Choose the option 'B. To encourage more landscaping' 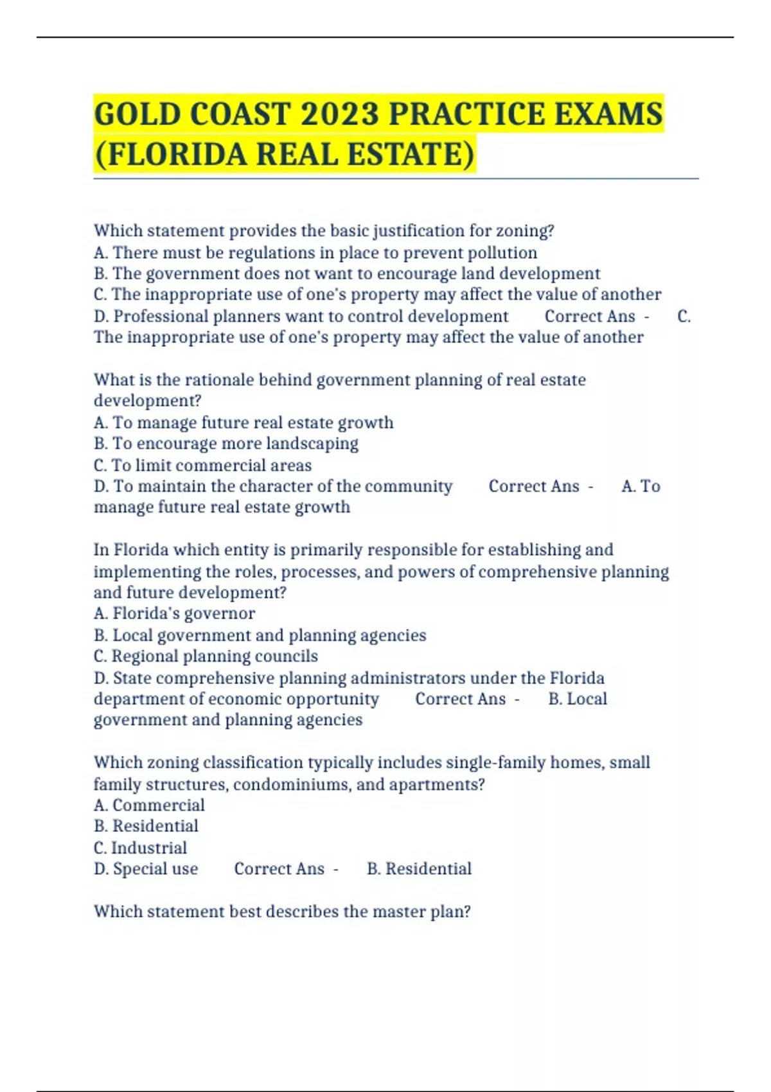tap(226, 444)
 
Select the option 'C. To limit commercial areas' tap(202, 465)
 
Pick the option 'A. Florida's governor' tap(174, 613)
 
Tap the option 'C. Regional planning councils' tap(206, 656)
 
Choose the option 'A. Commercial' tap(149, 805)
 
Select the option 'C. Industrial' tap(140, 847)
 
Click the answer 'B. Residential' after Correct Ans tap(419, 868)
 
